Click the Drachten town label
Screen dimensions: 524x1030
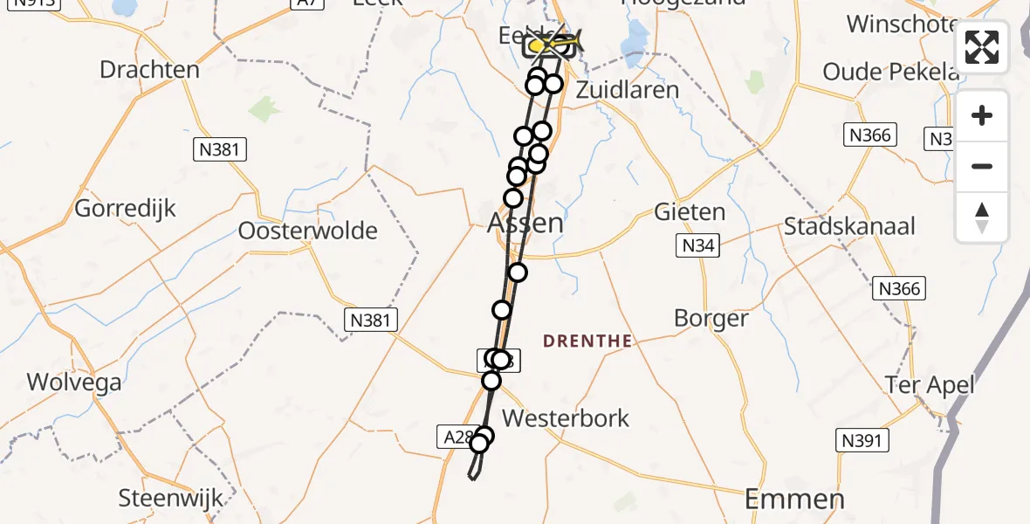coord(149,70)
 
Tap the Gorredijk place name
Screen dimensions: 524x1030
coord(125,209)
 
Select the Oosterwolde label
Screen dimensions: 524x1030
coord(308,231)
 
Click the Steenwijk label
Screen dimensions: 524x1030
coord(171,500)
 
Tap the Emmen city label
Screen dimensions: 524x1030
coord(794,500)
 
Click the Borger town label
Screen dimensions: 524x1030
coord(711,319)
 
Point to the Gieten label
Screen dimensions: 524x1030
coord(690,212)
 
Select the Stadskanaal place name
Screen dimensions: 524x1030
coord(849,227)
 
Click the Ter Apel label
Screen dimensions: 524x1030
coord(930,384)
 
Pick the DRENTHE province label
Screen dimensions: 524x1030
coord(587,341)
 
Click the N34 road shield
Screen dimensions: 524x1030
coord(698,246)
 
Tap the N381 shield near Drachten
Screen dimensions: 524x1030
coord(218,149)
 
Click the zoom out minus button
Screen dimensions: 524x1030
coord(982,166)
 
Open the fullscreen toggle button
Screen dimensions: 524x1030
coord(982,47)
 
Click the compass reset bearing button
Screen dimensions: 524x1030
coord(982,217)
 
